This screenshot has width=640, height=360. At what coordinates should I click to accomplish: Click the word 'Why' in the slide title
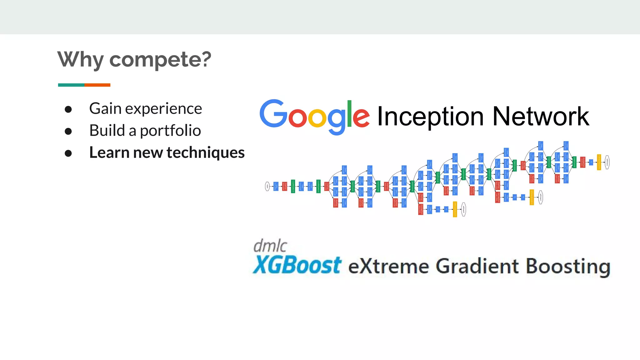81,59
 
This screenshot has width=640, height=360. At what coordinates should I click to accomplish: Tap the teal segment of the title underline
71,85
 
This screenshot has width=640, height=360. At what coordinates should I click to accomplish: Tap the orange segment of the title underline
97,85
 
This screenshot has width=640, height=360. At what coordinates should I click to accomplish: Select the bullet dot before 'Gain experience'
68,109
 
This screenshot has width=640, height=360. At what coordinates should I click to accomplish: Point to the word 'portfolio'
170,131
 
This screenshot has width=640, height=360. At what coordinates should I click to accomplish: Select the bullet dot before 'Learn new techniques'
68,153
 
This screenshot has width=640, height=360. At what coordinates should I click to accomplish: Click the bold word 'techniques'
206,153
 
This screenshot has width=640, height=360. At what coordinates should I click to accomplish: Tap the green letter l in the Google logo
349,114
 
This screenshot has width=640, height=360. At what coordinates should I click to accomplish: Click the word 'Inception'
431,117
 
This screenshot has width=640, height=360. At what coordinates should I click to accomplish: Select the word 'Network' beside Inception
541,116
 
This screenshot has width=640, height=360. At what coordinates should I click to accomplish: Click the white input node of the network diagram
267,186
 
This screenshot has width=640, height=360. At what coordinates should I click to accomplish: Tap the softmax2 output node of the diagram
607,162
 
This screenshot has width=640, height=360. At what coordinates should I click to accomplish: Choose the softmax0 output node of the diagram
464,209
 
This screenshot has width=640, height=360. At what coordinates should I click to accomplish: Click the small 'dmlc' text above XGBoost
270,246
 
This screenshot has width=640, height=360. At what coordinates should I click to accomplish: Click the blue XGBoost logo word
297,265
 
